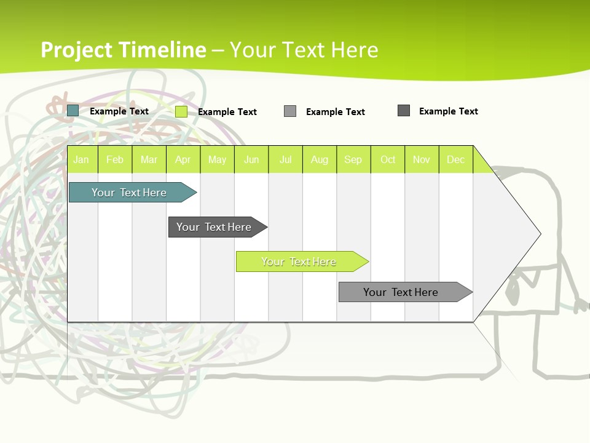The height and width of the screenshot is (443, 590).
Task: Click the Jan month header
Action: click(x=82, y=159)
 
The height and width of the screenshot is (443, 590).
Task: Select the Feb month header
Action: click(x=115, y=159)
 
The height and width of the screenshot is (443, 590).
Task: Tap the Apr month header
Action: click(x=183, y=159)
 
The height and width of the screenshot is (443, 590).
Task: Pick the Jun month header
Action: click(x=251, y=159)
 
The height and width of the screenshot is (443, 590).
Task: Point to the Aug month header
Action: click(x=320, y=159)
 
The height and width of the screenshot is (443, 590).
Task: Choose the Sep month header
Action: click(x=353, y=159)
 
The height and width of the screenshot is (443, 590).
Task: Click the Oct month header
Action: click(x=388, y=159)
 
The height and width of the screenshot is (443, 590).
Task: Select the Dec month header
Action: click(x=456, y=159)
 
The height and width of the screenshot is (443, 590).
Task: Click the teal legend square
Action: click(x=73, y=111)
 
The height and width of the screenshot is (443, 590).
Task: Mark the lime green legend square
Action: click(x=181, y=111)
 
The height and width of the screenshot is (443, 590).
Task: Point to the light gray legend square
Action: click(x=290, y=111)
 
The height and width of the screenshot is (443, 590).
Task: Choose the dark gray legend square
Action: click(x=404, y=111)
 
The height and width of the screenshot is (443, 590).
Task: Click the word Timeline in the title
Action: click(x=163, y=50)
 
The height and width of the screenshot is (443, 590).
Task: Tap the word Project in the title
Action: click(x=77, y=50)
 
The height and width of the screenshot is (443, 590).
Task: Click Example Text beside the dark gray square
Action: click(x=448, y=111)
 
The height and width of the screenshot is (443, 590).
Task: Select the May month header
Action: click(x=217, y=159)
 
